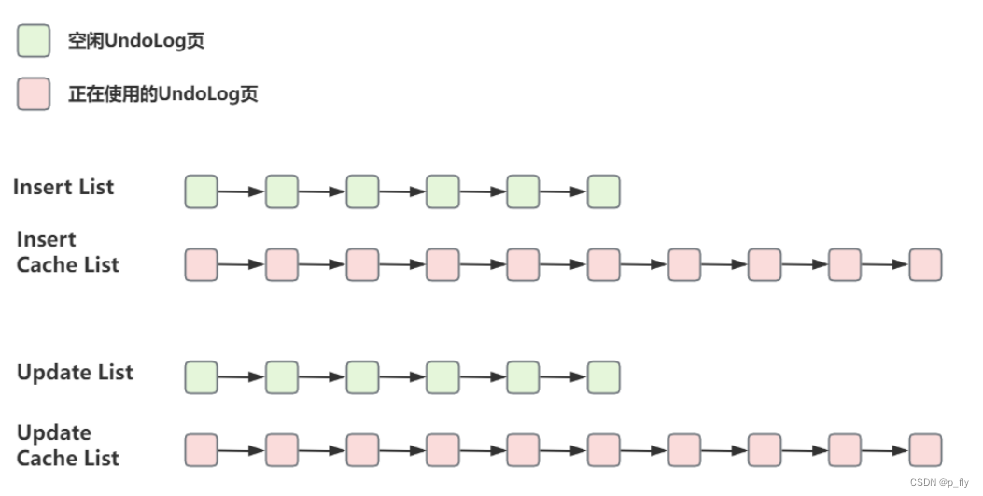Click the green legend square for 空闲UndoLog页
click(x=34, y=41)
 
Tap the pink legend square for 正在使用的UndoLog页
click(x=34, y=93)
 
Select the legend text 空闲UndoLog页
click(x=136, y=41)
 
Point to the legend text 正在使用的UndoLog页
click(x=163, y=94)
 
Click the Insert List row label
click(x=63, y=187)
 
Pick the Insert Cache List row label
click(x=68, y=252)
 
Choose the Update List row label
click(x=75, y=373)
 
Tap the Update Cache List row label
click(x=68, y=446)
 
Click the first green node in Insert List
click(x=202, y=191)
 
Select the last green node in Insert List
click(x=603, y=191)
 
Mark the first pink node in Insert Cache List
click(x=202, y=264)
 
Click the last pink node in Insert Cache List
click(x=925, y=264)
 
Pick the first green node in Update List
click(x=202, y=377)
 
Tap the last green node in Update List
click(x=603, y=377)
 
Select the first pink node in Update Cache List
click(x=202, y=449)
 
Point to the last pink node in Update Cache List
click(x=925, y=449)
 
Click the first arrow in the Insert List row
click(x=242, y=192)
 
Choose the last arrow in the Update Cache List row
click(x=885, y=450)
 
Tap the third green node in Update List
click(x=362, y=377)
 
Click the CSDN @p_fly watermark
click(x=939, y=483)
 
